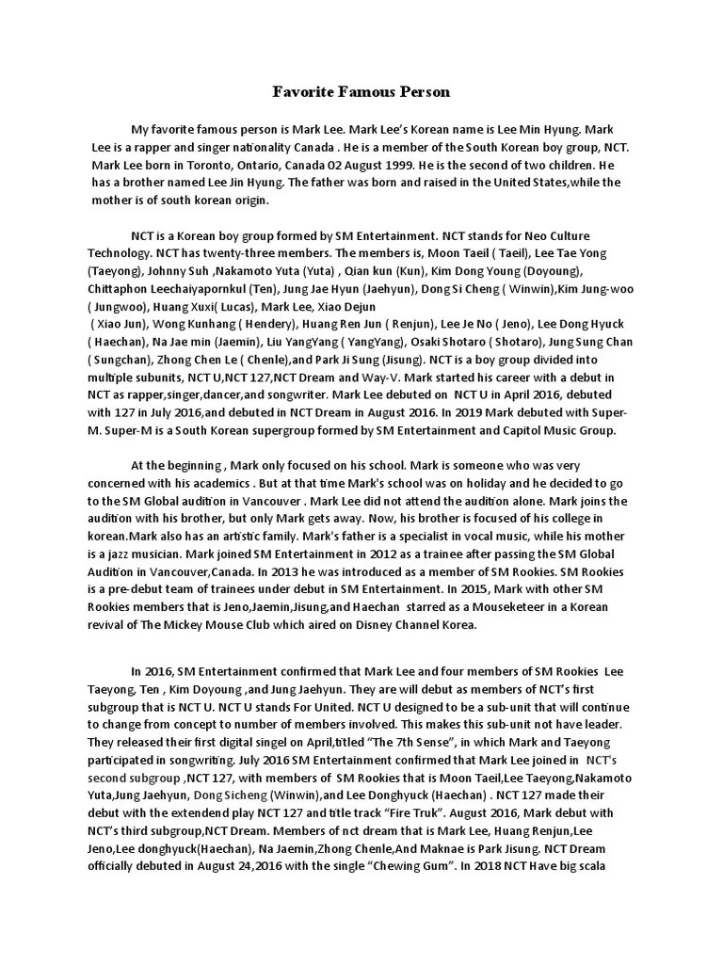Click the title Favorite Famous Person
click(361, 92)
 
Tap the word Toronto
click(190, 164)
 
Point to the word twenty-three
click(249, 253)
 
